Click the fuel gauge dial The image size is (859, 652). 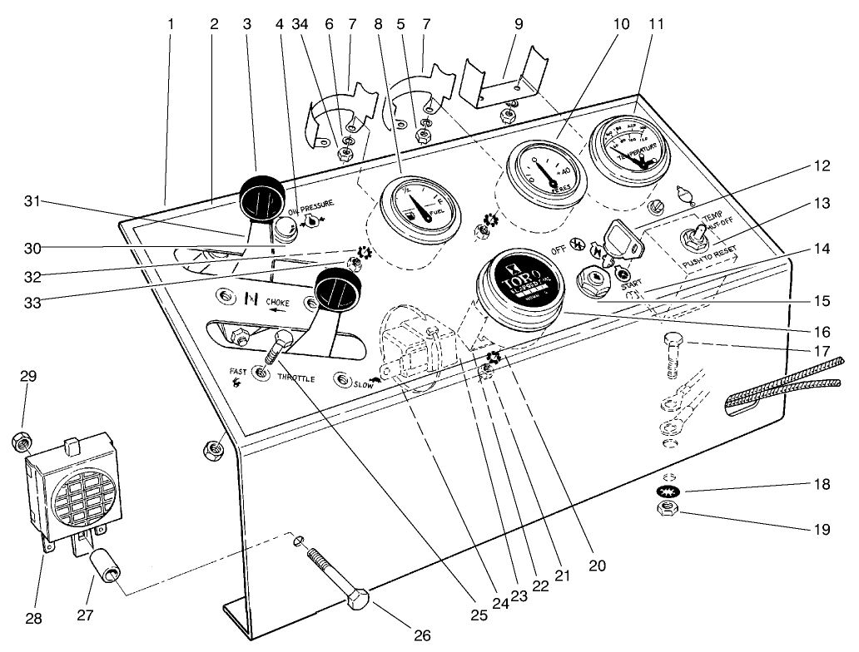tap(419, 206)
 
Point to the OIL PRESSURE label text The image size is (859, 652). tap(311, 203)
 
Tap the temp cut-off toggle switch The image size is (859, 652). tap(689, 239)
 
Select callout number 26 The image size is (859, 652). tap(423, 636)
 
